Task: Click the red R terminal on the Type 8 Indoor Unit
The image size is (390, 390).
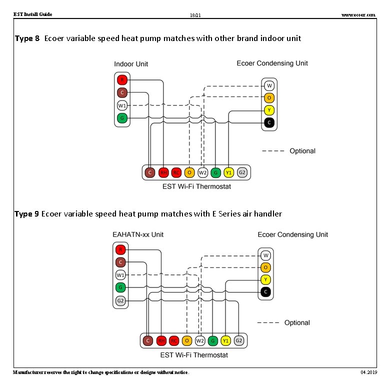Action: (x=122, y=80)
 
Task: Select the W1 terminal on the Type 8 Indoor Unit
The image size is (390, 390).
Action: (x=122, y=105)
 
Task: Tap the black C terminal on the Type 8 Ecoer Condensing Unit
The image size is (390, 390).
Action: (x=269, y=122)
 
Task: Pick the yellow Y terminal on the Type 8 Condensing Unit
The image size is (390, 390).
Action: (x=269, y=110)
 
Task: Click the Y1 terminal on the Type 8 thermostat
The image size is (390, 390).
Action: (x=228, y=172)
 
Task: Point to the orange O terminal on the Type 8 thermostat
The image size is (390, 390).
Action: (x=189, y=172)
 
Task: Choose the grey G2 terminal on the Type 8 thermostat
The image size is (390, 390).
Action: (x=242, y=172)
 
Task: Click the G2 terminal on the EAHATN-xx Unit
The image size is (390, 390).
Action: (x=120, y=301)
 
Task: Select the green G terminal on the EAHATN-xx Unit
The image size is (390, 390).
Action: (x=120, y=287)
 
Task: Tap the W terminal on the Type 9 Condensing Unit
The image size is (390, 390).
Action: (x=265, y=255)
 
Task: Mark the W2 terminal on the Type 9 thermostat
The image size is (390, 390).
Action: (x=199, y=341)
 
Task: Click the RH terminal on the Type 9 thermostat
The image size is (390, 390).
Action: (x=161, y=341)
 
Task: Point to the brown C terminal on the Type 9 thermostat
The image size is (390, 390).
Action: (x=147, y=341)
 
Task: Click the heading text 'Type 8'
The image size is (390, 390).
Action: (x=27, y=38)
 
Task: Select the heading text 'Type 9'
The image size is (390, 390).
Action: (x=26, y=214)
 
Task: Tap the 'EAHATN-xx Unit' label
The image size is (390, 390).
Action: (x=138, y=234)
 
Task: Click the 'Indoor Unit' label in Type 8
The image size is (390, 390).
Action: (x=131, y=64)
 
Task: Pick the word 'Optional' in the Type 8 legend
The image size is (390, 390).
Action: (x=302, y=151)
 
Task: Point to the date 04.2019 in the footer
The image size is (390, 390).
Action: (x=368, y=373)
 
